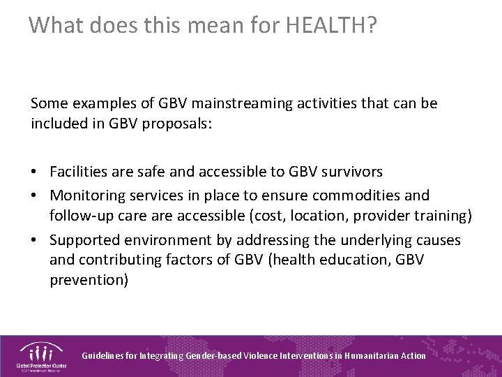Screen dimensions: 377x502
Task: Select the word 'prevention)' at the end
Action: pos(89,280)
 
